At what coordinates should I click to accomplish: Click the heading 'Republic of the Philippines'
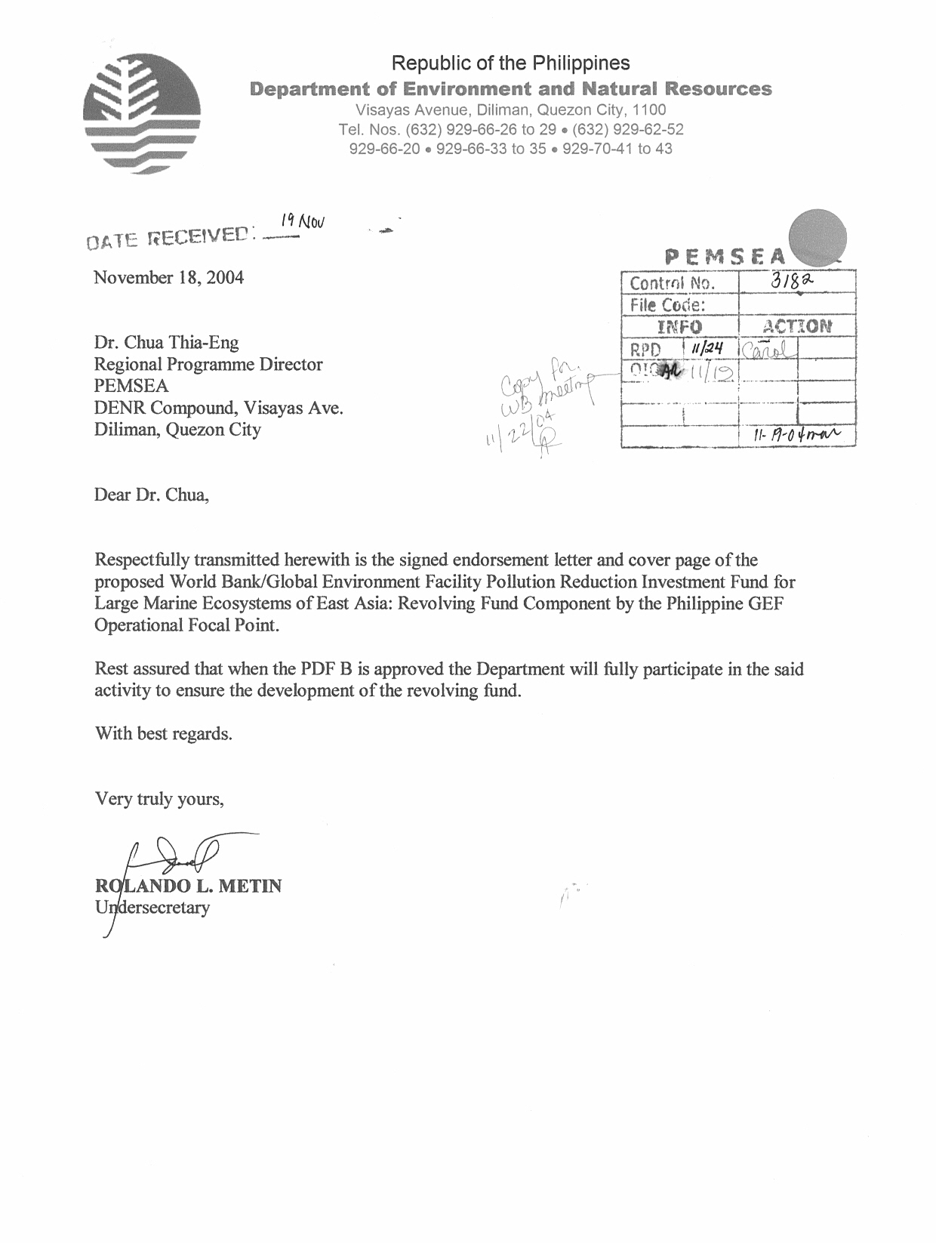[511, 63]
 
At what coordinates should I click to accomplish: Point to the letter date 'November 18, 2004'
[168, 277]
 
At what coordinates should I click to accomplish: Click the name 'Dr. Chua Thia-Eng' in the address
[166, 342]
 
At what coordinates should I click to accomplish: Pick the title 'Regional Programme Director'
[208, 364]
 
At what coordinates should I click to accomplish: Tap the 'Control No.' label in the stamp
[671, 284]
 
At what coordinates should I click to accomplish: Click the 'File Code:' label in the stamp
[667, 305]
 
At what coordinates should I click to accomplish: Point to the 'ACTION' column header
[796, 326]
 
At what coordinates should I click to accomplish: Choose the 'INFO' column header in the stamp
[679, 327]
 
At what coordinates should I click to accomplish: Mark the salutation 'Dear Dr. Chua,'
[150, 495]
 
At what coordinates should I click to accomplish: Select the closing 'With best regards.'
[163, 733]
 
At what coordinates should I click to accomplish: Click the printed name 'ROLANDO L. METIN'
[188, 886]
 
